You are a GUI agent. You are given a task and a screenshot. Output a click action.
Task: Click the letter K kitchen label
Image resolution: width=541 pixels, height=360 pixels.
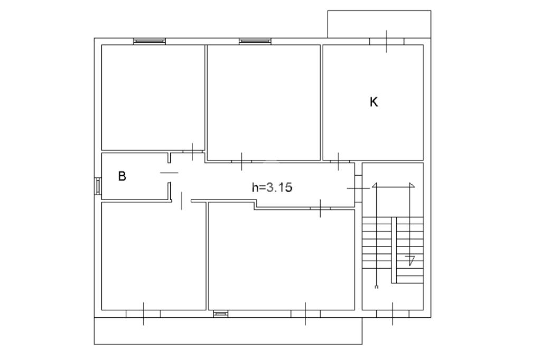point(374,102)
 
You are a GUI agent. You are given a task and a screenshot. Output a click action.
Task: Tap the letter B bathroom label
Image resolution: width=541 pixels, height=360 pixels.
point(122,176)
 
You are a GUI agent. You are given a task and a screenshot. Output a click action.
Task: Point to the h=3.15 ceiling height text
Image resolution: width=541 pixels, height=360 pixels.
point(272,187)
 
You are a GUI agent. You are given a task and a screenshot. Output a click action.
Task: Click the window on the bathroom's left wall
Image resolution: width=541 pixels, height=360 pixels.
point(98,186)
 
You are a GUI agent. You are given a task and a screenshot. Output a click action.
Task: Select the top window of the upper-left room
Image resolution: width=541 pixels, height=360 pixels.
point(150,41)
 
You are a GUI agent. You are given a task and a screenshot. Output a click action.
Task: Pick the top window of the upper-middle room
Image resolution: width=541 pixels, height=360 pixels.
point(255,41)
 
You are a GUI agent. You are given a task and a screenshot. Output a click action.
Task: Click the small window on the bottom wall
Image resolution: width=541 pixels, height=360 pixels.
point(220,314)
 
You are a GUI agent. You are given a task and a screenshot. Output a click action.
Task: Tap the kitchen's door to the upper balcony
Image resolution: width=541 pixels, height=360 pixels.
point(386,41)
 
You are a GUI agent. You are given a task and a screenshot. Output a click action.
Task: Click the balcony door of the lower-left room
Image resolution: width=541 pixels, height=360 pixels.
point(143,314)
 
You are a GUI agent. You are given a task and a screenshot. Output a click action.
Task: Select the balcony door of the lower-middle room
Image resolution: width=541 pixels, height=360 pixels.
point(305,314)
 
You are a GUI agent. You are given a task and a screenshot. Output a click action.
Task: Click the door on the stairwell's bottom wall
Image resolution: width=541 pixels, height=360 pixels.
point(393,314)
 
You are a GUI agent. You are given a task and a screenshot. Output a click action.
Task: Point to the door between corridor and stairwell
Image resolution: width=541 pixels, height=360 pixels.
point(358,188)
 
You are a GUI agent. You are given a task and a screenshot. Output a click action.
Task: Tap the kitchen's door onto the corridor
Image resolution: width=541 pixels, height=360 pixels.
point(339,161)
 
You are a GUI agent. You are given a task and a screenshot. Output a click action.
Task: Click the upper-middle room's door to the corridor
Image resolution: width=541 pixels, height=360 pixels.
point(241,161)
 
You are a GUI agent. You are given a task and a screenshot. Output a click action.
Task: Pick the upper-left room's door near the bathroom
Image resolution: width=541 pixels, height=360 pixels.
point(192,151)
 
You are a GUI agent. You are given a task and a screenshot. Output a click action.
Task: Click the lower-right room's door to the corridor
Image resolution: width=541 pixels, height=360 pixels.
point(320,209)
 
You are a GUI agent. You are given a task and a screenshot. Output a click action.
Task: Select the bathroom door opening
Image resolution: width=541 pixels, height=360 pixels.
point(170,173)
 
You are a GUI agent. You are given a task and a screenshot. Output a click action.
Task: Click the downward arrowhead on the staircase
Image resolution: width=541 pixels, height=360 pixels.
point(411,260)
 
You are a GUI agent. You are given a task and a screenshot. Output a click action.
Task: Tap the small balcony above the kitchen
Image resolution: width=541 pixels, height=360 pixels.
point(379,24)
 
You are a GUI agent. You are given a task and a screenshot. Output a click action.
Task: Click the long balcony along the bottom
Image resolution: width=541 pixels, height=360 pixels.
point(228,330)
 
